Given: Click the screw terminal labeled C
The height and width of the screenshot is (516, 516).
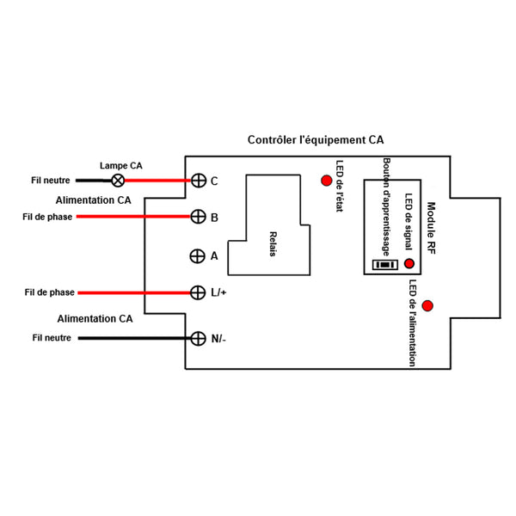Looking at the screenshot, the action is (x=199, y=181).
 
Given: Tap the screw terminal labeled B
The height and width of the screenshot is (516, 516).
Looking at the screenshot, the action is (x=198, y=217).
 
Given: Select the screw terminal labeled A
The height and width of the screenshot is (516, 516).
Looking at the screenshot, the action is (x=198, y=256).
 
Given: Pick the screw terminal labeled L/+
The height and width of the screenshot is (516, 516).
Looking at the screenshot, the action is (x=198, y=292).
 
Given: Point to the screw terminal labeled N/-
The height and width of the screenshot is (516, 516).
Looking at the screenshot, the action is (x=198, y=338).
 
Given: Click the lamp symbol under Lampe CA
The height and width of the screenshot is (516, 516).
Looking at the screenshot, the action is (x=118, y=181).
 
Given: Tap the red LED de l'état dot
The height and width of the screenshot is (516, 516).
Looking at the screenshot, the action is (x=327, y=181).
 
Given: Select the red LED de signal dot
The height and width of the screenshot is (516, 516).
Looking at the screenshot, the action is (x=409, y=263).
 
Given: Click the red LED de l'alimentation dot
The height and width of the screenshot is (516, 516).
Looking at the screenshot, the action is (x=427, y=305).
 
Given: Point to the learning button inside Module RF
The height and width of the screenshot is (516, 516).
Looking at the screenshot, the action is (x=385, y=265).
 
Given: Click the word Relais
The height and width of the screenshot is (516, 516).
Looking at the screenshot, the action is (x=273, y=244).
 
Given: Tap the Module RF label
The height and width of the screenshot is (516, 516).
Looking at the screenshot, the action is (x=431, y=228).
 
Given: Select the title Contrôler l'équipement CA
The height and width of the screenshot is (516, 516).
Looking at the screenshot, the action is (x=316, y=140).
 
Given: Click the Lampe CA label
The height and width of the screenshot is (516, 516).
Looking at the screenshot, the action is (x=121, y=165).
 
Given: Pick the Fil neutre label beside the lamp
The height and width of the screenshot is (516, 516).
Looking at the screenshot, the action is (x=51, y=181).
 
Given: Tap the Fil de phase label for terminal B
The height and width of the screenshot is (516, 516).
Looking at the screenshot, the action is (x=47, y=217).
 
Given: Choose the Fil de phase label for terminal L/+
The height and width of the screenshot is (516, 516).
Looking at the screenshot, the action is (x=49, y=292).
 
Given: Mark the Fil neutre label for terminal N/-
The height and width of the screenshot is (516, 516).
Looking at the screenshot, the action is (x=52, y=338).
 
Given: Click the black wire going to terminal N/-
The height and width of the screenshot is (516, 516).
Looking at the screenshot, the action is (x=134, y=338).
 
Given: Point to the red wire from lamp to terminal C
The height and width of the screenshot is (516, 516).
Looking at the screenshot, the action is (x=157, y=181).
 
